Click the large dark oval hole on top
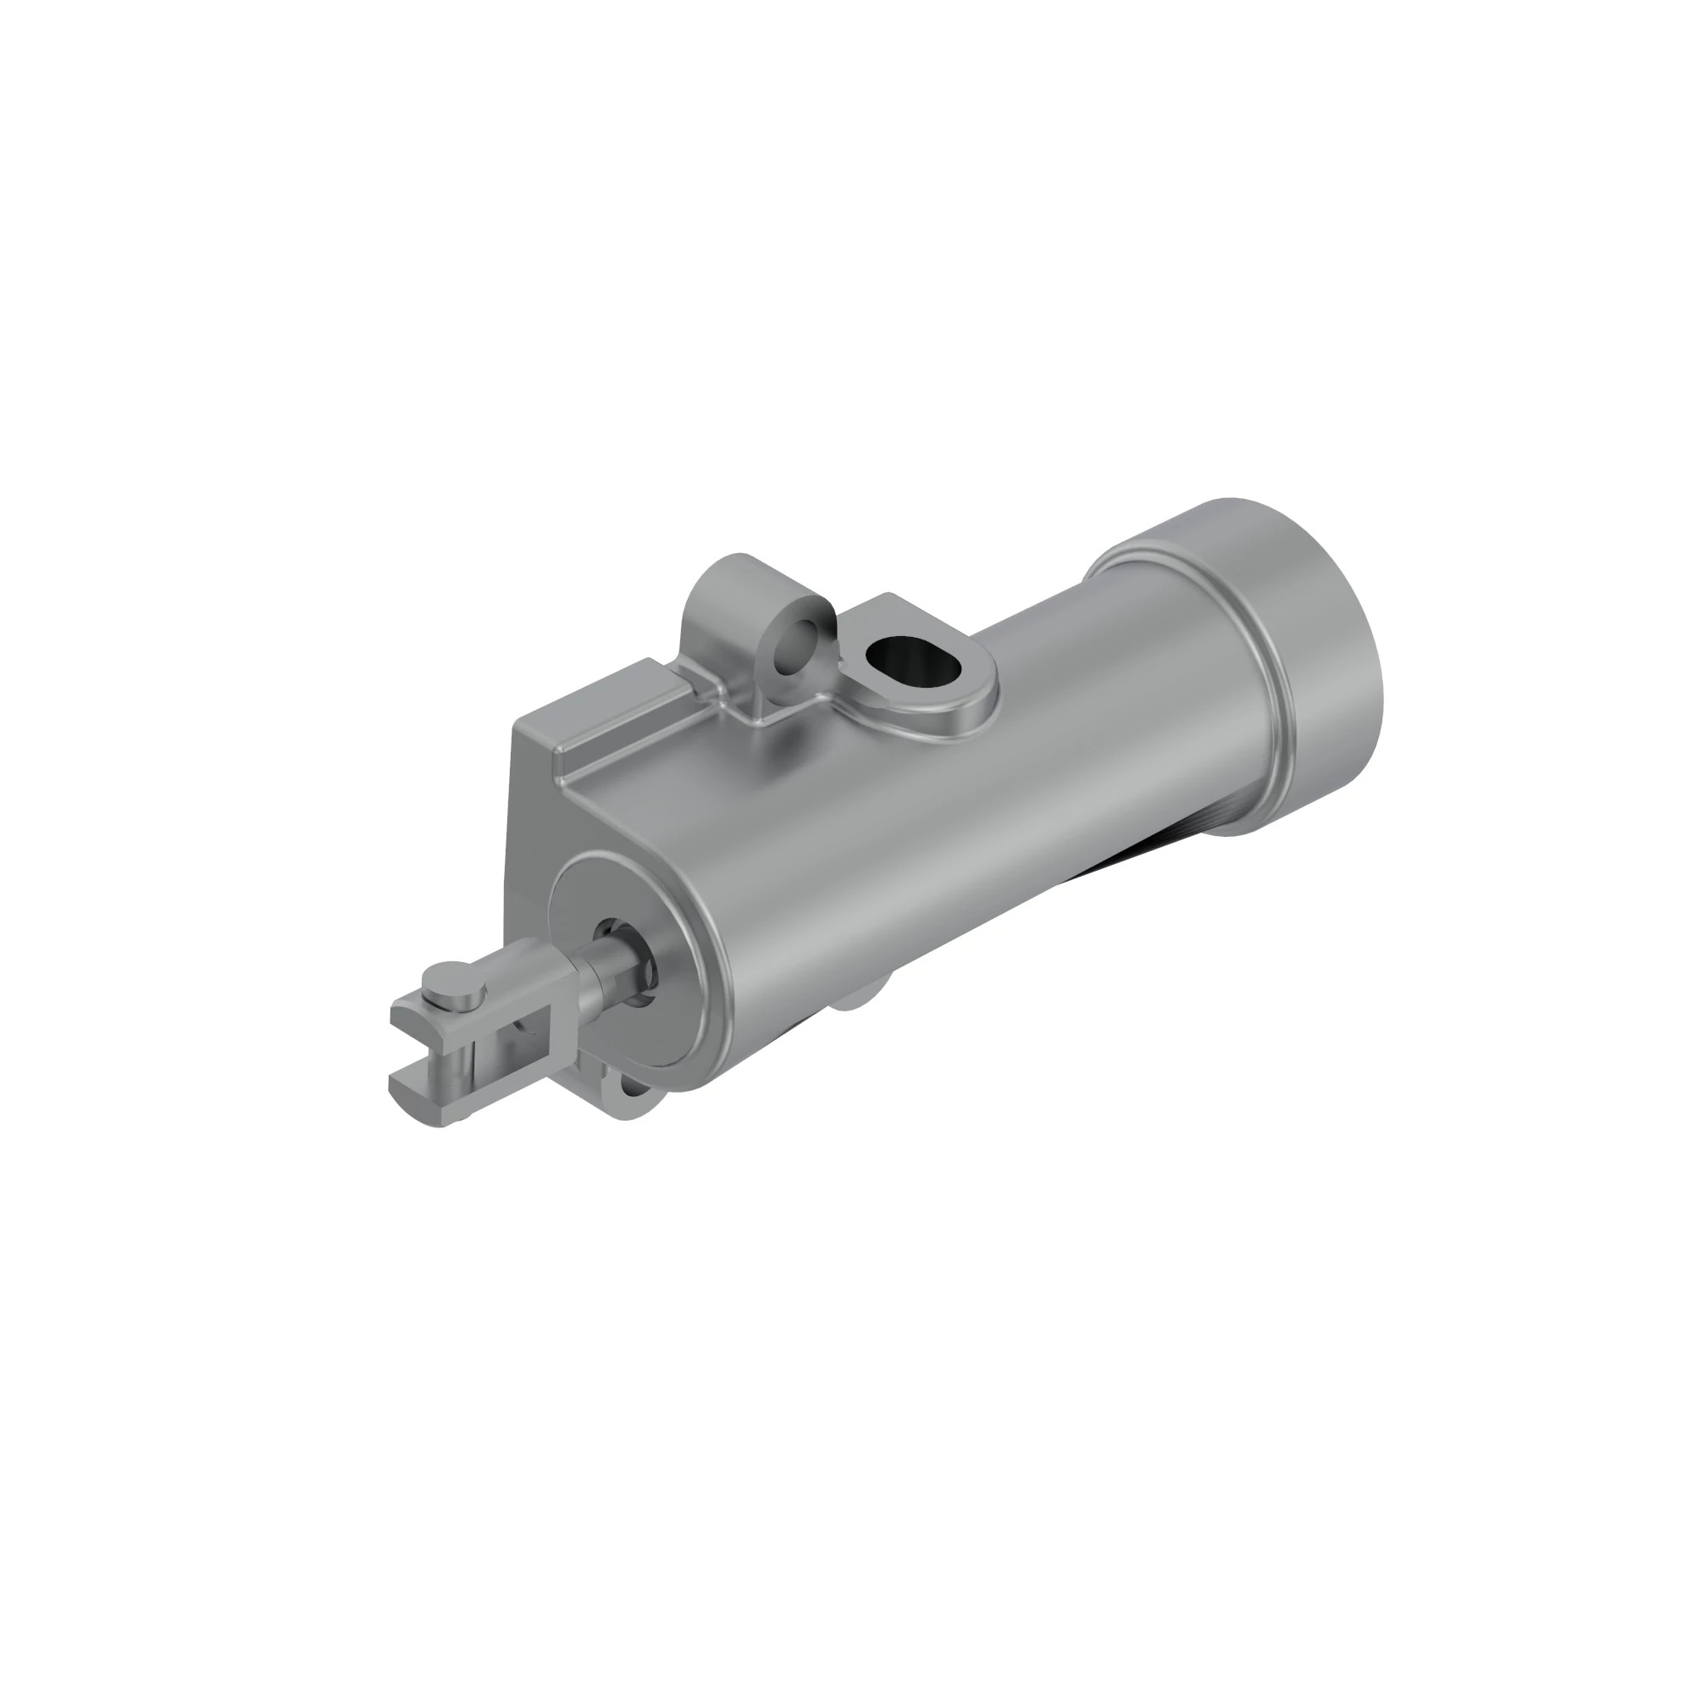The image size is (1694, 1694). [912, 658]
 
